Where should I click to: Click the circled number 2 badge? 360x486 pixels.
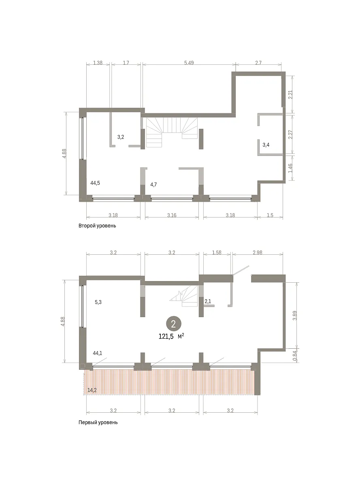point(173,324)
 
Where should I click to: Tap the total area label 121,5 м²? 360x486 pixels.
point(171,336)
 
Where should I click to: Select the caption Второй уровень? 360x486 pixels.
point(97,226)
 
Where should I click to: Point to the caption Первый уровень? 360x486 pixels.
point(98,422)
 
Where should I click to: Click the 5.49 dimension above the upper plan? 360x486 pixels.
point(189,63)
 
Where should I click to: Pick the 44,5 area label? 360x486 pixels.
point(95,183)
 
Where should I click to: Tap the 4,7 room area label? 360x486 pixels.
point(153,185)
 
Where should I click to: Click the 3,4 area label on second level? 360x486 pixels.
point(266,145)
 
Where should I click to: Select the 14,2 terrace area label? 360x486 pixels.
point(92,390)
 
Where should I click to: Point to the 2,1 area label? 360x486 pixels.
point(208,301)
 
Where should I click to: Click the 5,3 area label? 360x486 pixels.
point(98,302)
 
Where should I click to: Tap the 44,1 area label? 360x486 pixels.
point(98,353)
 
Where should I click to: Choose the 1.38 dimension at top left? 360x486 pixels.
point(98,63)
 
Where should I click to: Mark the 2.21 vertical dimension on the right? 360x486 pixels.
point(290,94)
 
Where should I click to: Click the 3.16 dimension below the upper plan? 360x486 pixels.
point(172,215)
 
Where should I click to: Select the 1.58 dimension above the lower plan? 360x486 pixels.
point(217,252)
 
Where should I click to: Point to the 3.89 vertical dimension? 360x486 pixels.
point(295,315)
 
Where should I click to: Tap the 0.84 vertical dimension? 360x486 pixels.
point(295,356)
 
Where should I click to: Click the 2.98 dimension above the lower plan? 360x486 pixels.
point(258,252)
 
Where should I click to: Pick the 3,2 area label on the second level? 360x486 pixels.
point(121,137)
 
